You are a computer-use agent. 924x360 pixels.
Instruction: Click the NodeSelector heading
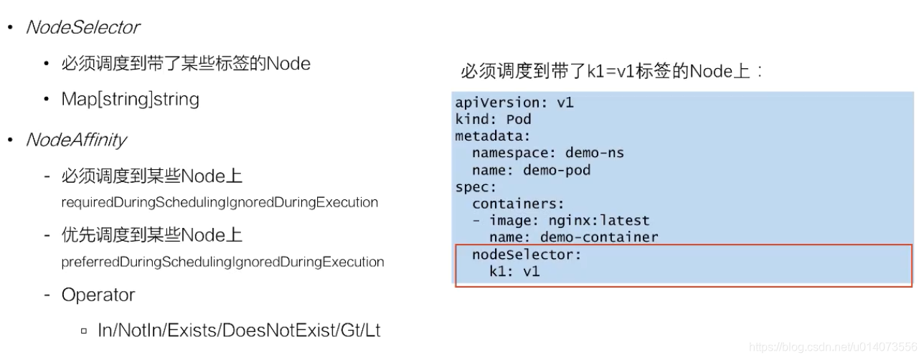82,28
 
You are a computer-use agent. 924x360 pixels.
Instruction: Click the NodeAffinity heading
76,140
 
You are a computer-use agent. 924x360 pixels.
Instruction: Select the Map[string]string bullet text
130,99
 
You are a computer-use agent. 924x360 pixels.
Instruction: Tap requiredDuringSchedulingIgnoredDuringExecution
220,202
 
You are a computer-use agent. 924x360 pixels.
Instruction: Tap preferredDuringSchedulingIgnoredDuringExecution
222,262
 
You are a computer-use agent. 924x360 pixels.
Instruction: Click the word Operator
98,295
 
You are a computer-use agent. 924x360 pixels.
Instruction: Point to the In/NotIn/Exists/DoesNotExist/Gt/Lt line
238,331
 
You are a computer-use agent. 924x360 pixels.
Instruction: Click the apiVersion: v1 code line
514,103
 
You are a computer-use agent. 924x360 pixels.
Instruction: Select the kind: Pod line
493,119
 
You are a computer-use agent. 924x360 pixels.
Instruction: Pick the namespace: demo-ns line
548,153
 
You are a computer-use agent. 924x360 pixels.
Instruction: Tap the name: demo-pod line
531,170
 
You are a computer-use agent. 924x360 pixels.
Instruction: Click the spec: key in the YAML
476,187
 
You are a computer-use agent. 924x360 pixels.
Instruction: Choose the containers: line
519,204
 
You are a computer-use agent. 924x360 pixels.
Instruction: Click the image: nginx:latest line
569,220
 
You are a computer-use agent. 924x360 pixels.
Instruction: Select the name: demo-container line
573,237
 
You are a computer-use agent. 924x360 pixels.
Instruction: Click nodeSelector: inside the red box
527,255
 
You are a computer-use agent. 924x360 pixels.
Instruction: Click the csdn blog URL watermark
833,347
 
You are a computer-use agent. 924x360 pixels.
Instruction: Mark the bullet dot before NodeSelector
10,28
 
